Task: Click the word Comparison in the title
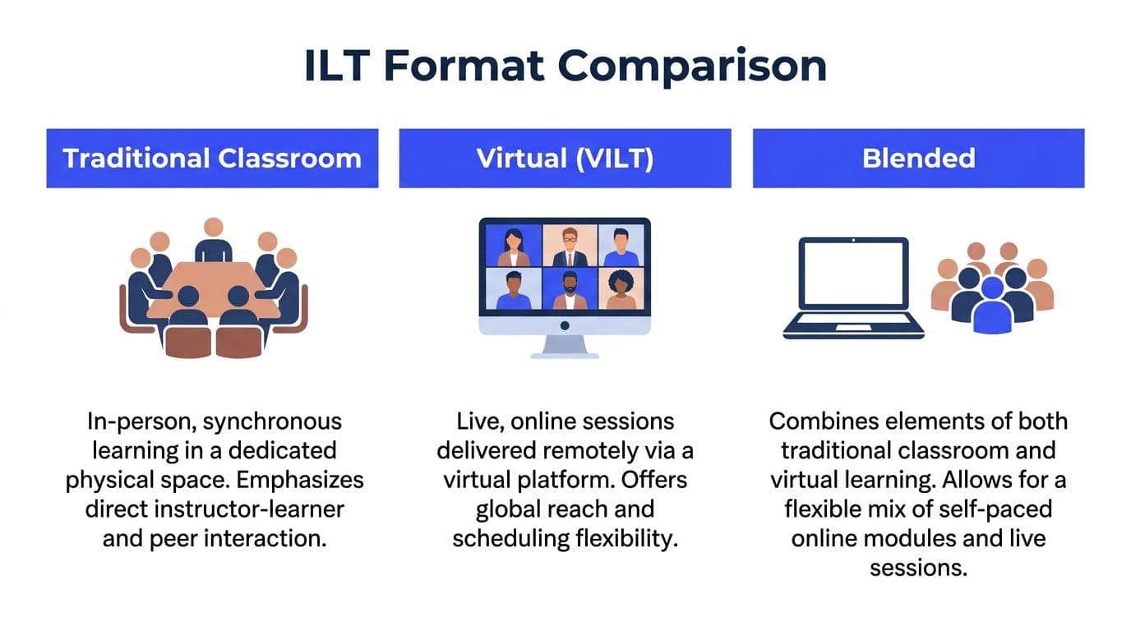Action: [x=692, y=67]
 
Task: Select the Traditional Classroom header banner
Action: [x=212, y=158]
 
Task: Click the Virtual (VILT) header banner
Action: [x=565, y=158]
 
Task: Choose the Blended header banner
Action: [x=918, y=158]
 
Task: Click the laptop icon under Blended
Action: [x=853, y=288]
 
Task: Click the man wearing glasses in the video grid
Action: [x=570, y=246]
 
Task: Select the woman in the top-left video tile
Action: [x=514, y=247]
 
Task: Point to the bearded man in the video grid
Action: [x=570, y=290]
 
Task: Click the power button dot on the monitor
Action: [x=565, y=325]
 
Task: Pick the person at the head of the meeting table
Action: [x=214, y=240]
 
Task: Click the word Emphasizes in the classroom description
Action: [x=300, y=480]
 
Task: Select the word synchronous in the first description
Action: [x=272, y=422]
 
